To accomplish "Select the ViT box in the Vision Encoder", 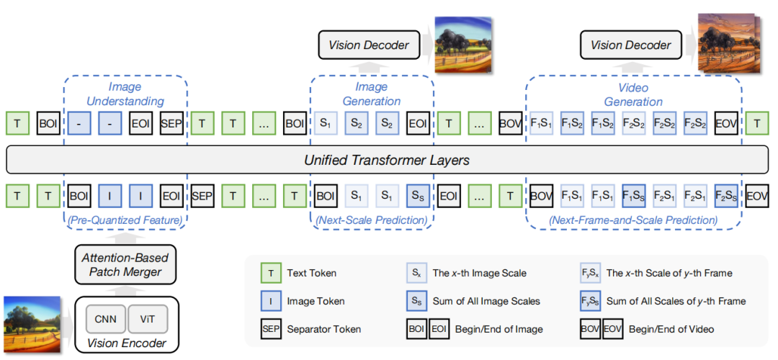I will tap(146, 317).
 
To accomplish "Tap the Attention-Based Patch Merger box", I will tap(126, 265).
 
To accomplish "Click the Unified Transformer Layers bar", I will tap(389, 160).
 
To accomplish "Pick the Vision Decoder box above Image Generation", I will tap(369, 45).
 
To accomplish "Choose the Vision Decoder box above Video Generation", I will tap(630, 45).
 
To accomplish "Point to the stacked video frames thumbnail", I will tap(725, 44).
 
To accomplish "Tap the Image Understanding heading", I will tap(125, 94).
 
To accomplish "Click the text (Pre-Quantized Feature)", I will tap(125, 219).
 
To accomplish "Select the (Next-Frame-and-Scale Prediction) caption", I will tap(633, 219).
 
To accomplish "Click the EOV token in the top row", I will tap(725, 124).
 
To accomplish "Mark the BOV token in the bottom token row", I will tap(540, 195).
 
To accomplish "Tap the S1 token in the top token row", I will tap(325, 124).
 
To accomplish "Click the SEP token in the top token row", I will tap(171, 124).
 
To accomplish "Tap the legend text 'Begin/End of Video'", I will tap(672, 328).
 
